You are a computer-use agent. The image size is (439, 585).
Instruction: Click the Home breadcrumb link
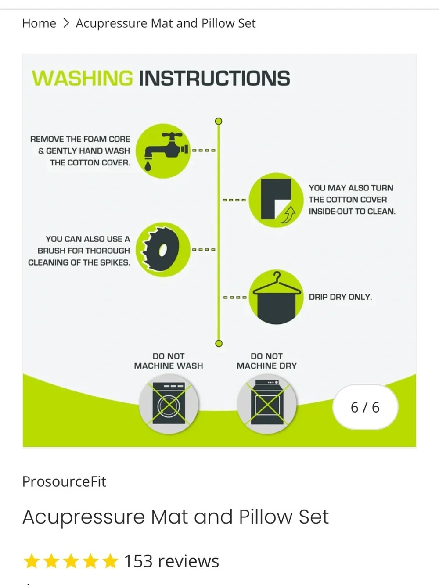click(39, 23)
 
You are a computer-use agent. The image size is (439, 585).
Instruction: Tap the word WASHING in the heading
click(82, 78)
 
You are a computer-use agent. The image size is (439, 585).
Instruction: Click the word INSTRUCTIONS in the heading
click(214, 78)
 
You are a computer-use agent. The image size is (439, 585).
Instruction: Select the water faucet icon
click(163, 151)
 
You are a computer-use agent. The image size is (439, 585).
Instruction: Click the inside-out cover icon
click(276, 200)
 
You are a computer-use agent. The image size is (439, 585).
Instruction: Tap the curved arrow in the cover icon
click(288, 215)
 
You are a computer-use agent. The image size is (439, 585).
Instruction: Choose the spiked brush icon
click(163, 250)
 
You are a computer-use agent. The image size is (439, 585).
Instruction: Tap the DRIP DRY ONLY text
click(340, 297)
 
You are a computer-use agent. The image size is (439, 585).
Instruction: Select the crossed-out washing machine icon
click(169, 403)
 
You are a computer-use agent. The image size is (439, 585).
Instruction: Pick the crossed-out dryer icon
click(267, 403)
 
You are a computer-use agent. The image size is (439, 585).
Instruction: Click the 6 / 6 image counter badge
click(365, 407)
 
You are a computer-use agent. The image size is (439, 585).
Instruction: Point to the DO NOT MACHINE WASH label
click(169, 361)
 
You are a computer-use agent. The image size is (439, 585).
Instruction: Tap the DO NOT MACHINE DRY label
click(266, 361)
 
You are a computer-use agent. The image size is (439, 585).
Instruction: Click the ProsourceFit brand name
click(64, 481)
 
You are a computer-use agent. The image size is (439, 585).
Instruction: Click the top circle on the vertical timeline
click(219, 121)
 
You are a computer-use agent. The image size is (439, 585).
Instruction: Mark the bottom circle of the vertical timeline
click(219, 343)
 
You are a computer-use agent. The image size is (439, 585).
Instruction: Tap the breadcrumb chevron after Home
click(66, 23)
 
